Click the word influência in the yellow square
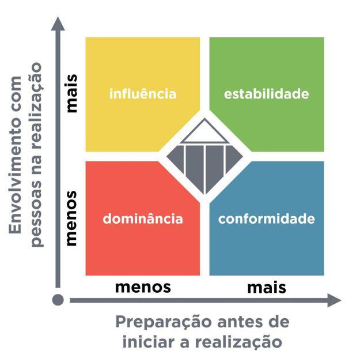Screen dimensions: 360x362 pos(143,93)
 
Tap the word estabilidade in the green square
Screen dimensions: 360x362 pos(266,94)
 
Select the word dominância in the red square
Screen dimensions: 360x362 pos(142,219)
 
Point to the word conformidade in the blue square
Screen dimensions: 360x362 pos(267,219)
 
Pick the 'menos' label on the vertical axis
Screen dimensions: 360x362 pos(71,219)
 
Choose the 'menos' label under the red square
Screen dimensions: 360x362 pos(143,286)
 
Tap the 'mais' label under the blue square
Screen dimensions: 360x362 pos(267,286)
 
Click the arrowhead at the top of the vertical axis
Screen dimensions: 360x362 pos(57,24)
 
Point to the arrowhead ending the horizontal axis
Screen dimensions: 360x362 pos(334,300)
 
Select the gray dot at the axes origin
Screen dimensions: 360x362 pos(57,300)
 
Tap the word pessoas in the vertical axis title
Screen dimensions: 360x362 pos(36,216)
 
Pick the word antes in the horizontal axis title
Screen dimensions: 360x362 pos(232,321)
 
